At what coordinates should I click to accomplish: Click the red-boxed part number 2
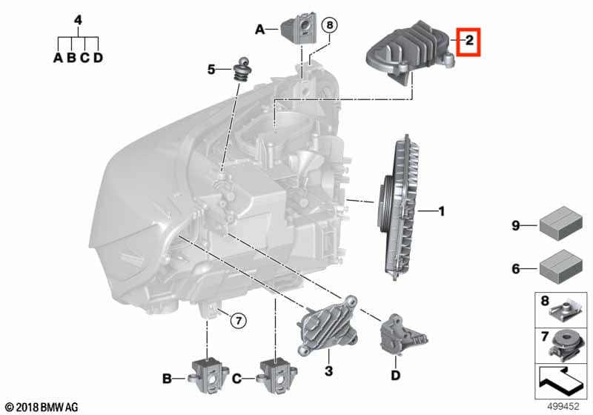point(469,42)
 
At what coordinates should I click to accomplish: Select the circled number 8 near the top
point(330,25)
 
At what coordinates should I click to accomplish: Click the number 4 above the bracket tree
point(78,20)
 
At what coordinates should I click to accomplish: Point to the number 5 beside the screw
point(211,70)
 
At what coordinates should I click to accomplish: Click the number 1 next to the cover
point(441,212)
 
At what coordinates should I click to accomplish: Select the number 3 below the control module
point(329,369)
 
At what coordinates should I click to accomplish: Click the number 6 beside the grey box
point(516,268)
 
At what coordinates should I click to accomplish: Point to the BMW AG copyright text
point(42,407)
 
